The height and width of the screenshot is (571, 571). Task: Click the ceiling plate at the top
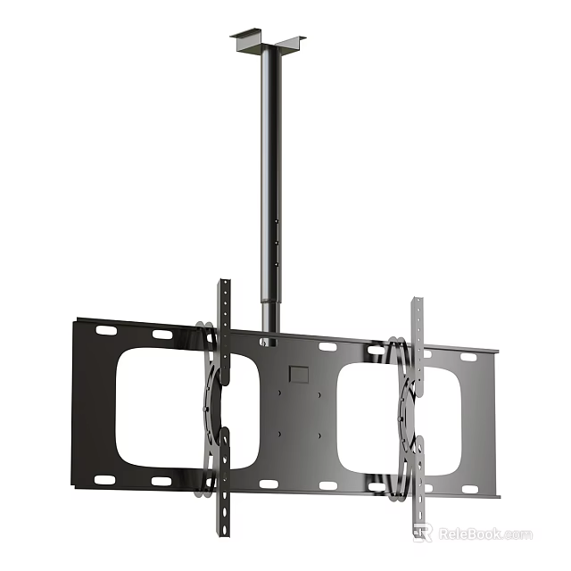(268, 42)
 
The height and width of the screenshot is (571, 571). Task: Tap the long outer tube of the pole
(269, 161)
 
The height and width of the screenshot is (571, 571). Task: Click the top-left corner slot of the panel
(106, 331)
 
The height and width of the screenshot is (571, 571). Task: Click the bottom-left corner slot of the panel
(105, 479)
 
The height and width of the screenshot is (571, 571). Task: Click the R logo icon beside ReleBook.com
(423, 533)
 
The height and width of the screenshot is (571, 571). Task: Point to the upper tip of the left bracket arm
(224, 285)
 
